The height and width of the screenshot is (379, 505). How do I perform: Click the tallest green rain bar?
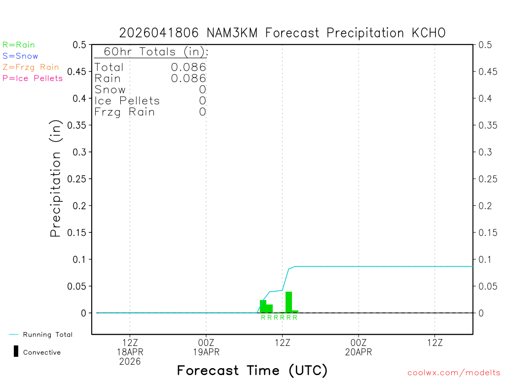tap(289, 302)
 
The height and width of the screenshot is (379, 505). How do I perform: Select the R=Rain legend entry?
tap(19, 45)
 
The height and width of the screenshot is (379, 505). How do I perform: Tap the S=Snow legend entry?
tap(20, 56)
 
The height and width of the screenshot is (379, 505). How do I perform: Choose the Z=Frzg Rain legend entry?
tap(31, 67)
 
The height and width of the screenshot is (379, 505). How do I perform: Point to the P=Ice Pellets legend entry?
tap(33, 78)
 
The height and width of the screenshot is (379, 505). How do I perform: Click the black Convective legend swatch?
tap(16, 351)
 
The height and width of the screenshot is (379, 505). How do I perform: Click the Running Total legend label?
tap(47, 335)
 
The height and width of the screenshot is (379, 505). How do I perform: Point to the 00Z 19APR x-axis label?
tap(206, 347)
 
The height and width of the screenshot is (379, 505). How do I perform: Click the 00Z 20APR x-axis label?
tap(359, 347)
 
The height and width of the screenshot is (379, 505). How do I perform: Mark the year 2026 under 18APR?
tap(130, 362)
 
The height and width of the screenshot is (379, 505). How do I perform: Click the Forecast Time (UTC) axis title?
tap(252, 370)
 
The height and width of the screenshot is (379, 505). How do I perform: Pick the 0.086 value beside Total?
tap(188, 67)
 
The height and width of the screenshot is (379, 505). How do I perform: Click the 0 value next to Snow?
tap(202, 90)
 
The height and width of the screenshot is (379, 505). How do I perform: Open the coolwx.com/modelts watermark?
tap(454, 373)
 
